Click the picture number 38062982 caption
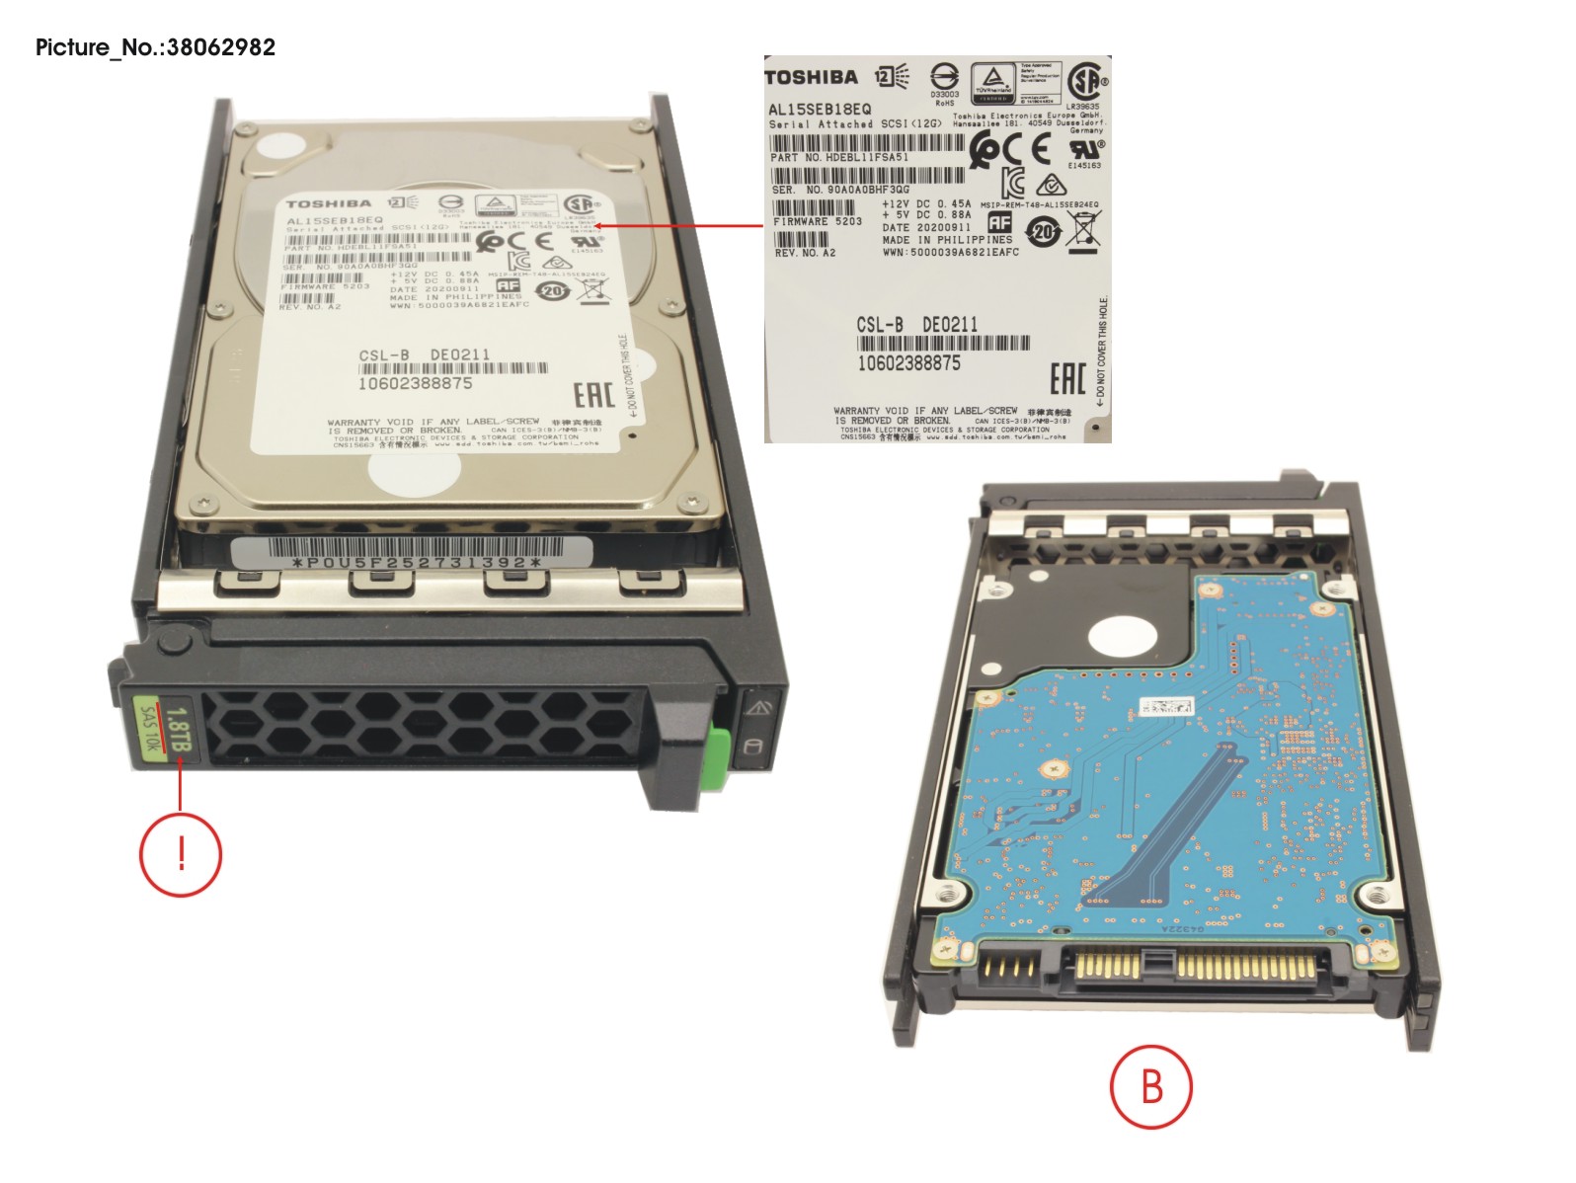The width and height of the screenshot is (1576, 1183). (x=155, y=46)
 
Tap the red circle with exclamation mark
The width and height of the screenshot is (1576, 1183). (x=181, y=854)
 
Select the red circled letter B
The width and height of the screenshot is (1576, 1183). (x=1150, y=1086)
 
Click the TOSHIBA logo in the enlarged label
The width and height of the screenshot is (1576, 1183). (x=811, y=77)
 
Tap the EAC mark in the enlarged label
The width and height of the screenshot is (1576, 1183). (x=1067, y=377)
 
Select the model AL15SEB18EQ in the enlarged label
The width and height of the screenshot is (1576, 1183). (x=820, y=109)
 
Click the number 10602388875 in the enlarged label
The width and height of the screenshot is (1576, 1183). (x=908, y=363)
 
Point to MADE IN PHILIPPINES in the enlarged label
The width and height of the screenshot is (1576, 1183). (x=947, y=240)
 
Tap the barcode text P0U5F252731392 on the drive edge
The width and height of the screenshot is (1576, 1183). (x=417, y=563)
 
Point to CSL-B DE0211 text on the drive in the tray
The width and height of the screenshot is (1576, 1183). (x=424, y=355)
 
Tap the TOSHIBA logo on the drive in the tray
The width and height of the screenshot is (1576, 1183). (x=329, y=203)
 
